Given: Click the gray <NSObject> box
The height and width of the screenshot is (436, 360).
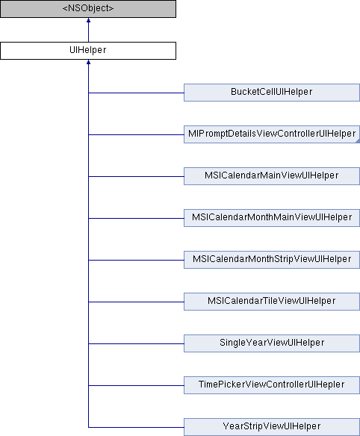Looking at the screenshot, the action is pos(88,9).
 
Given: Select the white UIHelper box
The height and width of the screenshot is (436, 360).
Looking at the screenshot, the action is pos(88,51).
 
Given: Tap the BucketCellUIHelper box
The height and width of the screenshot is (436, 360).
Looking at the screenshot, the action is pos(272,93).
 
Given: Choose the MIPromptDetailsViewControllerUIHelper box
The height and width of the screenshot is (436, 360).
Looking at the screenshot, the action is pos(272,134).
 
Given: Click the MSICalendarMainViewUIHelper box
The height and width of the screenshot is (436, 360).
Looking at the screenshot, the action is pos(272,176).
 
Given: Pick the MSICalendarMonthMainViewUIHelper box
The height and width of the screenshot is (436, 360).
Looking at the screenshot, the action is pos(272,218).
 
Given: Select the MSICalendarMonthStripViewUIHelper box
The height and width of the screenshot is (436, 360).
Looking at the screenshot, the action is pos(272,260).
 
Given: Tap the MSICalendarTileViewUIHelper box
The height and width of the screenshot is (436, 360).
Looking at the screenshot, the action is pos(272,302).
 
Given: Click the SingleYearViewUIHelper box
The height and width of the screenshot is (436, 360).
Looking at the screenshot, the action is pos(272,343).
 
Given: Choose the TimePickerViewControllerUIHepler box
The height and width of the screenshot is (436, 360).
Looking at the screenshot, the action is pos(272,385).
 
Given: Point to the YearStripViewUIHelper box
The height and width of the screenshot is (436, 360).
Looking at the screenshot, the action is pos(272,427).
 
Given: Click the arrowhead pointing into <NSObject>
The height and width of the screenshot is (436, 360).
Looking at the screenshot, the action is pos(88,20).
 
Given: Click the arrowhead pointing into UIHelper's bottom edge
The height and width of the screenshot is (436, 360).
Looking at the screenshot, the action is pos(88,62).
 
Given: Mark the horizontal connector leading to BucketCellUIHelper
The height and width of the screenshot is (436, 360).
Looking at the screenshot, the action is pos(137,93).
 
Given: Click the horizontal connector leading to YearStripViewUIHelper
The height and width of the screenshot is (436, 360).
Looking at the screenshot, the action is pos(137,427).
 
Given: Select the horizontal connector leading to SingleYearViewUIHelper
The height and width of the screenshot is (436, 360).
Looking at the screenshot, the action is pos(137,343).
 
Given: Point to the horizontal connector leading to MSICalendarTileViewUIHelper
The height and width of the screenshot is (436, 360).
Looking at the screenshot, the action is pos(137,302).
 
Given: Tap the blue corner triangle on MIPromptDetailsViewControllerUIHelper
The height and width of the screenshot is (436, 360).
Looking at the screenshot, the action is pos(359,142).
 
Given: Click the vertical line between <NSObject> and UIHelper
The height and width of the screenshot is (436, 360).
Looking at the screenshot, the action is pos(88,32).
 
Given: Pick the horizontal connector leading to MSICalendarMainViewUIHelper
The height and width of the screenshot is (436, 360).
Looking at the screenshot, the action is pos(137,176).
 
